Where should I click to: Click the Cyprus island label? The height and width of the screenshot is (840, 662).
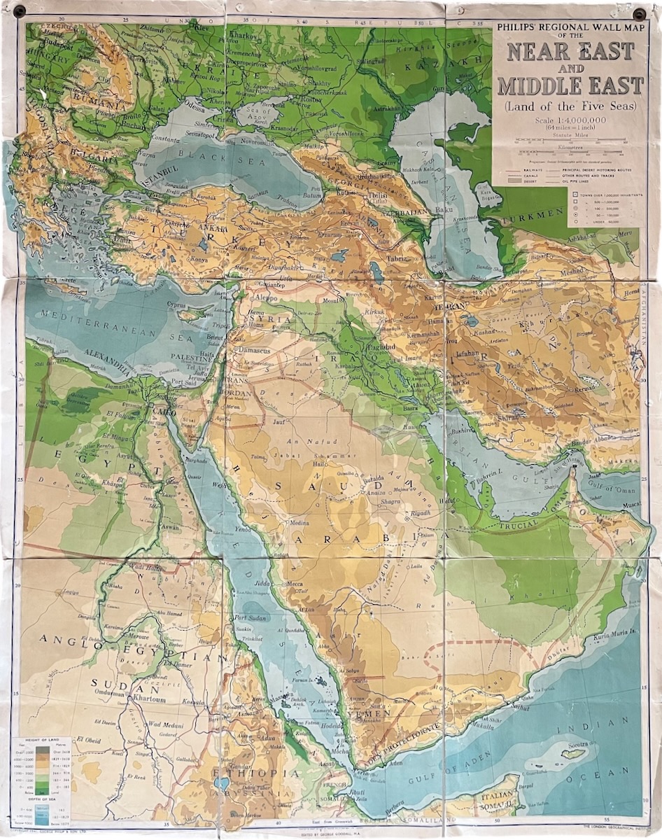pos(180,305)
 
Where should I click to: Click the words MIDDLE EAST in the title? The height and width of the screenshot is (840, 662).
pos(570,85)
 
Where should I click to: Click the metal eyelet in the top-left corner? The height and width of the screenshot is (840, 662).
pos(19,10)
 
